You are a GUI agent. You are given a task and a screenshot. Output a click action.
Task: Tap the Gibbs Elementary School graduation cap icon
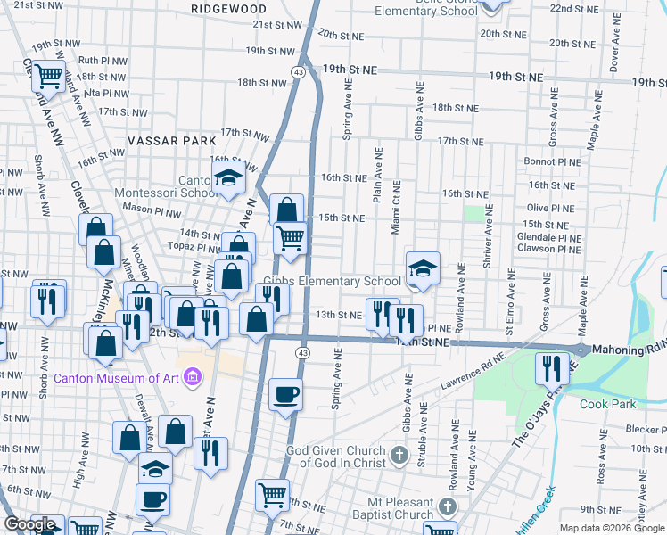[x=423, y=267]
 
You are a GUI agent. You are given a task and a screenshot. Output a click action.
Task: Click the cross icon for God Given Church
[x=399, y=457]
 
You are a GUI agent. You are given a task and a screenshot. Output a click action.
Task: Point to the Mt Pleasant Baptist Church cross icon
[x=443, y=507]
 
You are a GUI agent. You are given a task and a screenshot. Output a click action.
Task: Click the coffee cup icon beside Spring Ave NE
[x=285, y=393]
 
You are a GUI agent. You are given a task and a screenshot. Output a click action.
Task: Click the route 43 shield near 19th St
[x=299, y=70]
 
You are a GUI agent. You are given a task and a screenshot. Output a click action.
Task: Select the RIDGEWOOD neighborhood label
[x=229, y=8]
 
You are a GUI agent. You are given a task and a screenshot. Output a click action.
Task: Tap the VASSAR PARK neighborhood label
[x=172, y=141]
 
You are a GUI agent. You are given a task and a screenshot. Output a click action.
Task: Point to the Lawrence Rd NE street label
[x=473, y=376]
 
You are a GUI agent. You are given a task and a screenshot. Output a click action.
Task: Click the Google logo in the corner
[x=29, y=524]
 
